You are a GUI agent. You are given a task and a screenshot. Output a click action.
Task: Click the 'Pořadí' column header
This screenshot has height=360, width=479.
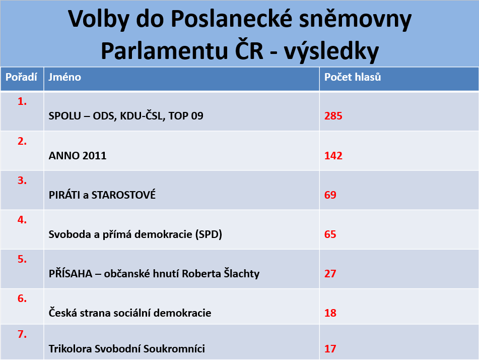21,77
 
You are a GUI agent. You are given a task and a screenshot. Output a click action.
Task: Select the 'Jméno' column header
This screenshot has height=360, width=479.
65,77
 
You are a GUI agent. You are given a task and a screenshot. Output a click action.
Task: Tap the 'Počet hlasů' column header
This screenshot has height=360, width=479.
353,77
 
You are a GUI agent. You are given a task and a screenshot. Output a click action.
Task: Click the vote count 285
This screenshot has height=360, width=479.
333,116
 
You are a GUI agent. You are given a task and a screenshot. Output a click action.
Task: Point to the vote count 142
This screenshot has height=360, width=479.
333,156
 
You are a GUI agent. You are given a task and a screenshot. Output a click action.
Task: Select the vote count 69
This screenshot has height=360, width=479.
330,195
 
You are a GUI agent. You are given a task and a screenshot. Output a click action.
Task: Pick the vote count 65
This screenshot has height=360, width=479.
330,234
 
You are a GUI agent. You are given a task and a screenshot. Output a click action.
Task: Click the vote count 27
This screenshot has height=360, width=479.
330,273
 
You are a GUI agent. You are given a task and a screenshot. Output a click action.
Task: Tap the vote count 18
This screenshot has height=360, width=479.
330,313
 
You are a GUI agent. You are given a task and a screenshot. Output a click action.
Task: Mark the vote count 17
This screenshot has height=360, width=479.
330,349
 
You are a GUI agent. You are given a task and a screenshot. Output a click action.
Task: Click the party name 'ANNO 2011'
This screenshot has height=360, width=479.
78,156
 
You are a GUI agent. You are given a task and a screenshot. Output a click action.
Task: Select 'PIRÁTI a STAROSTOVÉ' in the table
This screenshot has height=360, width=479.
102,195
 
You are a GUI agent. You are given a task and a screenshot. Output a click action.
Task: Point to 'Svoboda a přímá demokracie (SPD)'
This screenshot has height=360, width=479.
135,234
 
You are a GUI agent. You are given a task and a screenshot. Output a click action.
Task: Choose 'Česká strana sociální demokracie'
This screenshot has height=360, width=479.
130,313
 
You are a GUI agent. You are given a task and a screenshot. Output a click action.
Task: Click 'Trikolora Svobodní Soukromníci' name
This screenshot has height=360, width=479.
127,349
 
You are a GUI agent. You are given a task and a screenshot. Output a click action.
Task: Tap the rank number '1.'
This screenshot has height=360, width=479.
22,101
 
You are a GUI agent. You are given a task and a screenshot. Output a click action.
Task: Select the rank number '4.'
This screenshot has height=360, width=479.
22,220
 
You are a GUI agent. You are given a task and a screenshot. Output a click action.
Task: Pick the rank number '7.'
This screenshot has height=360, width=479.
22,334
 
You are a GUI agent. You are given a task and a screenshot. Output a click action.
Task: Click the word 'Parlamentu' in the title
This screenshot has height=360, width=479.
164,50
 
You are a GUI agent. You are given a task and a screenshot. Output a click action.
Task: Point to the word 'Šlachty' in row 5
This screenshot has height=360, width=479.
242,273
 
